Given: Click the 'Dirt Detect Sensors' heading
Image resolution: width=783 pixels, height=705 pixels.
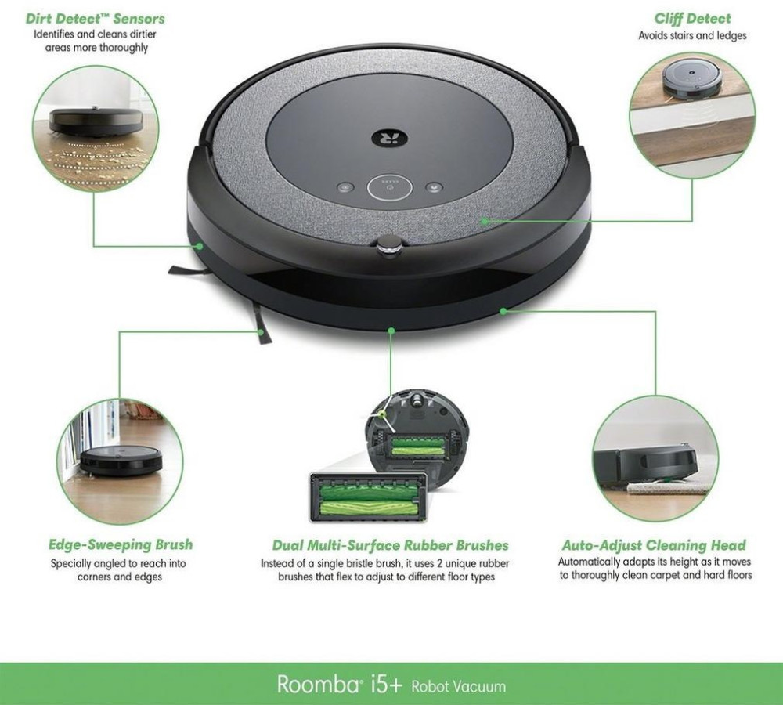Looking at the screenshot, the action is (95, 19).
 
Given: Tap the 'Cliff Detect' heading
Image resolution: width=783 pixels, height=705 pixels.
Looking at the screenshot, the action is (692, 19).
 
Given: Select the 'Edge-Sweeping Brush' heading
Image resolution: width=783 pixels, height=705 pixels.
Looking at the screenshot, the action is (121, 544).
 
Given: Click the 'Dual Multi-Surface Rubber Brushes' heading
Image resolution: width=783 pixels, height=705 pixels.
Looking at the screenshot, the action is (391, 544).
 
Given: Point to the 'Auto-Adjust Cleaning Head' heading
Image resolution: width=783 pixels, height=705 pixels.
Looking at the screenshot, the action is (654, 544).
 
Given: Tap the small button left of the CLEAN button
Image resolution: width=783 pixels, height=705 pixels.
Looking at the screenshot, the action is (345, 188).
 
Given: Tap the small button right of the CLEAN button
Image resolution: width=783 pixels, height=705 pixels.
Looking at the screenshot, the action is (434, 188).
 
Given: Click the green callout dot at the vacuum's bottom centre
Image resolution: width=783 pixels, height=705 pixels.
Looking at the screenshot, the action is (391, 331).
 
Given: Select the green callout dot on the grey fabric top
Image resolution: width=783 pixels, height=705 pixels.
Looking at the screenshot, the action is (485, 220).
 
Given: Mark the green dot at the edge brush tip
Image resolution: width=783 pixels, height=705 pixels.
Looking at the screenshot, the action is (261, 332).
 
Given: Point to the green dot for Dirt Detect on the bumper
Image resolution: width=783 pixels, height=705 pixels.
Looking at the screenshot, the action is (199, 246).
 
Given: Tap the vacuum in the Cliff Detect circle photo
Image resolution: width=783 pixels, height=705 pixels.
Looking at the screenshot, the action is (692, 81).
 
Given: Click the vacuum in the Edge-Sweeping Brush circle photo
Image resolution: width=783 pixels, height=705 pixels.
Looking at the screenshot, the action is (122, 460).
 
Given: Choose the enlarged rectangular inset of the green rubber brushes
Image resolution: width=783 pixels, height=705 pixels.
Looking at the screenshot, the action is (369, 497).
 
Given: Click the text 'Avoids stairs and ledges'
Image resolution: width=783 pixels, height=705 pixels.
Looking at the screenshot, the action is (692, 35).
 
